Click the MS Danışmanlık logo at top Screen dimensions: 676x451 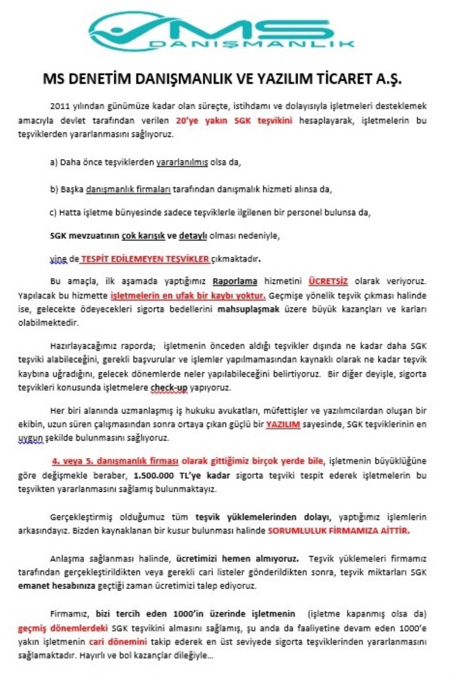pyautogui.click(x=223, y=31)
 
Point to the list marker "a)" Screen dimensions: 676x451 pyautogui.click(x=54, y=162)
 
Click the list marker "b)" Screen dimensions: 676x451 pyautogui.click(x=54, y=189)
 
